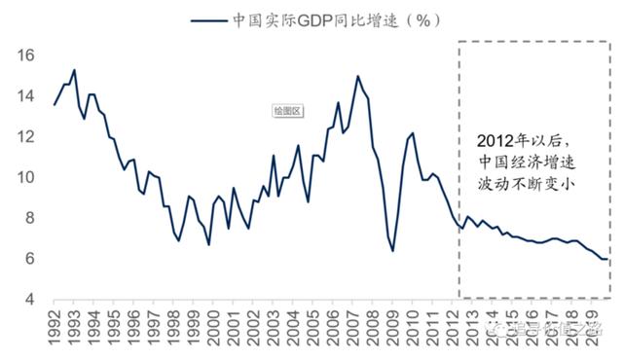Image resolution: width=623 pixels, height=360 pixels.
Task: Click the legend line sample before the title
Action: pos(209,19)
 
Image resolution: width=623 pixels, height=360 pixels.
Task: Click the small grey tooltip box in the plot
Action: pos(287,111)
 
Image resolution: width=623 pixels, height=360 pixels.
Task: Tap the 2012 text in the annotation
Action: pos(496,139)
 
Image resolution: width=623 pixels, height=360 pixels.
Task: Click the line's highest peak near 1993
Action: pos(74,70)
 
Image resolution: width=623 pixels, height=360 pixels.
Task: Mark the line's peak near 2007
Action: pos(357,76)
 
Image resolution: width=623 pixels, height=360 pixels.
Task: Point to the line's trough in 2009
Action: pos(392,251)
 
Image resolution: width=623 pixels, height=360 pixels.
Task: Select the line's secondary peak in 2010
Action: pos(412,132)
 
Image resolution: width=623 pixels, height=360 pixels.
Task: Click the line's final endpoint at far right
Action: pos(608,259)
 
